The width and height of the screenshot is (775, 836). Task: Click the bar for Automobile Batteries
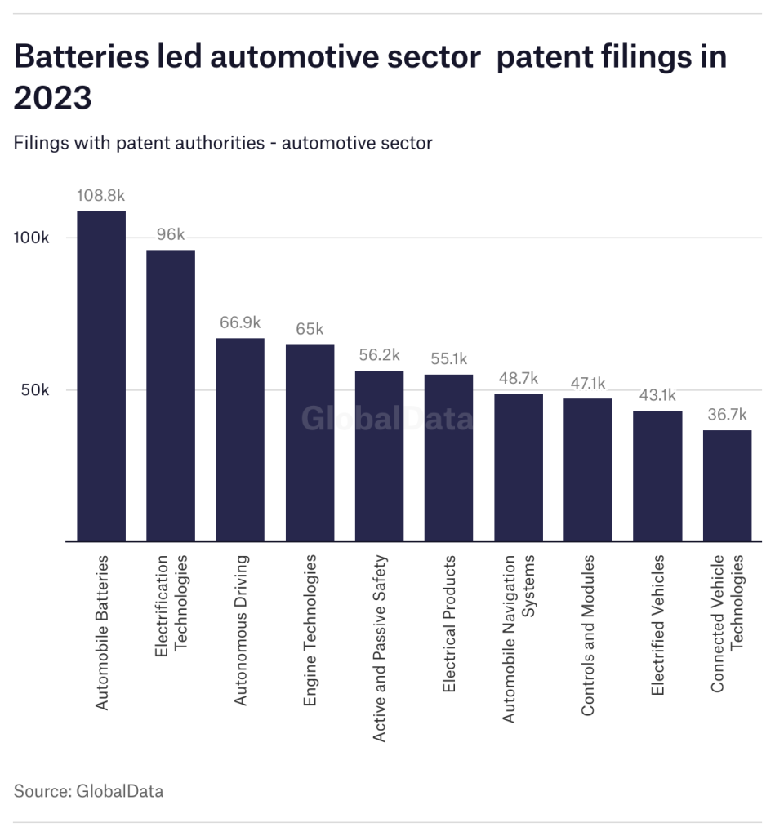tap(101, 376)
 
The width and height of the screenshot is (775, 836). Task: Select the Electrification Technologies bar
tap(171, 396)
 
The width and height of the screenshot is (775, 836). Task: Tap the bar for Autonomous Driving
tap(240, 440)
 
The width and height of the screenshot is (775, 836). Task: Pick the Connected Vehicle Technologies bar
tap(727, 486)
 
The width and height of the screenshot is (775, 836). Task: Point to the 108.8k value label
tap(101, 196)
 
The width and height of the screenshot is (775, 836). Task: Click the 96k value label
tap(171, 235)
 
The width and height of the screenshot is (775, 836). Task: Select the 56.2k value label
tap(379, 355)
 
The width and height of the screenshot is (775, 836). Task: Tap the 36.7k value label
tap(727, 415)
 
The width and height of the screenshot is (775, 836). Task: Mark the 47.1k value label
tap(588, 383)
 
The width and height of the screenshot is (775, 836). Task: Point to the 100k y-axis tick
tap(35, 238)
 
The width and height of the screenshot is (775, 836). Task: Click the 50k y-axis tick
tap(35, 390)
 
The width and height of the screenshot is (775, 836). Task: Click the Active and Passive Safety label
tap(379, 648)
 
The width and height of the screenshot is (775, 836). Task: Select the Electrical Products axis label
tap(448, 625)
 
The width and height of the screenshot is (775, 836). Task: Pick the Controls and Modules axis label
tap(588, 636)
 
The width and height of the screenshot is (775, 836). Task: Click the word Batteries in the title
tap(92, 58)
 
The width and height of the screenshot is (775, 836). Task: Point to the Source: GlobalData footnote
tap(88, 791)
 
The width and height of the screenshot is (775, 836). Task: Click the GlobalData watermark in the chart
tap(387, 419)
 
